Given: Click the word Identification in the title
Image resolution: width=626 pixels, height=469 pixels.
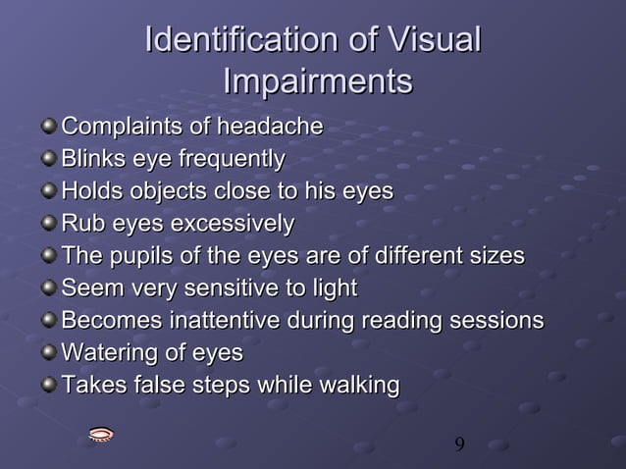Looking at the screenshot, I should (235, 41).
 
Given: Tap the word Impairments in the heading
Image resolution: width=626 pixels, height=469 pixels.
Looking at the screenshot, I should (317, 81).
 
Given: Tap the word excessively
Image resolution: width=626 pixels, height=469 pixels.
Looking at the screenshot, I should (232, 224).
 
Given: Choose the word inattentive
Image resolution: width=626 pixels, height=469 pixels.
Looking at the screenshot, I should (225, 321).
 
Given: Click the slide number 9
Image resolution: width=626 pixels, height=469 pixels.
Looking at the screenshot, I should (459, 445).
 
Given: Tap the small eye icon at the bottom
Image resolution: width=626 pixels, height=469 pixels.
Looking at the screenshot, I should (100, 435).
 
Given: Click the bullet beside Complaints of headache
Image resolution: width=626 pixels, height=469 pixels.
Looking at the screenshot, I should (49, 127).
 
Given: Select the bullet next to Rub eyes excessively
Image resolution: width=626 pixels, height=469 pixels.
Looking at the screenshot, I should (49, 224).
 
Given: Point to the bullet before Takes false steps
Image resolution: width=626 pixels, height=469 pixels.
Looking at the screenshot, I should (49, 386).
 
